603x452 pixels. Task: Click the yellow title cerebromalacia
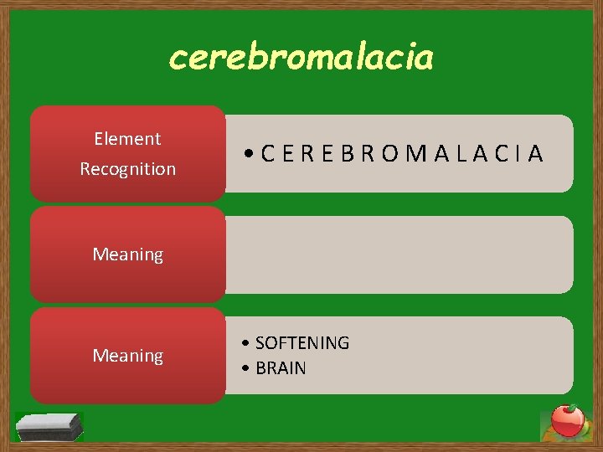point(301,58)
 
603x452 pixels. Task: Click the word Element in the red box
point(127,139)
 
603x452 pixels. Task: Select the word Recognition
point(127,169)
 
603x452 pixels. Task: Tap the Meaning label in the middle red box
point(127,254)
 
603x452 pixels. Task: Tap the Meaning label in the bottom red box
point(127,356)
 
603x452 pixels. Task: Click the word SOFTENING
point(301,343)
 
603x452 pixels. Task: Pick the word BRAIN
point(281,368)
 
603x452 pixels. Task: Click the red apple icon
point(568,421)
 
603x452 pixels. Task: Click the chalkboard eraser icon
point(50,427)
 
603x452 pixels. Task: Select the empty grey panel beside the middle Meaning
point(399,254)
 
